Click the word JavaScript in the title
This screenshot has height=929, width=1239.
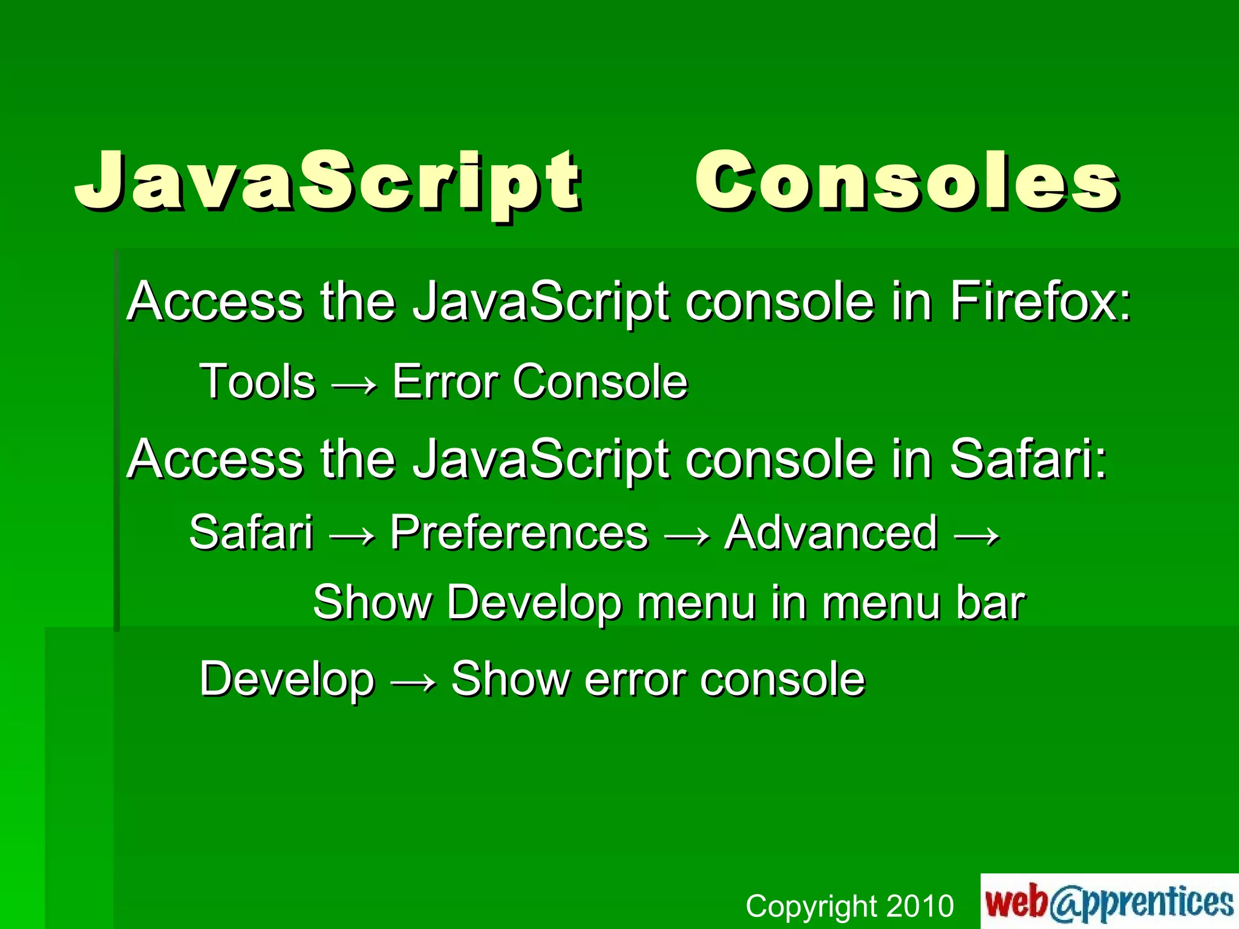327,181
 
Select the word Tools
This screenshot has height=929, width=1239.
258,382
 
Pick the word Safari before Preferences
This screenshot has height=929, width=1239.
251,532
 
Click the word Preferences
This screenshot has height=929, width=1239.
518,532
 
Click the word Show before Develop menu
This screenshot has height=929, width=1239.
372,602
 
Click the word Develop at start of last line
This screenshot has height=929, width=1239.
287,679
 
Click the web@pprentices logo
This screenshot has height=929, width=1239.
1109,901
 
